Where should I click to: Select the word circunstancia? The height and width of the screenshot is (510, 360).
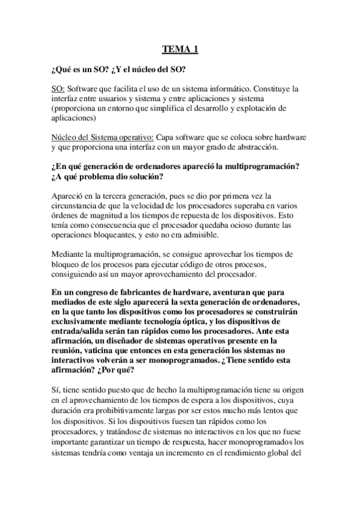(x=76, y=206)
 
